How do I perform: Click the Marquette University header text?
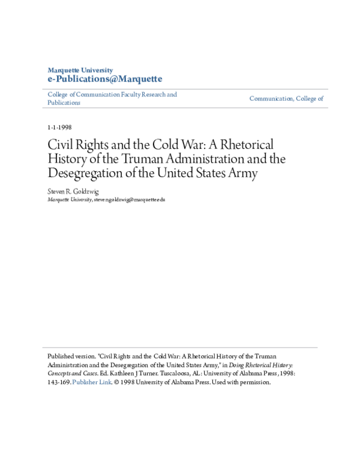pyautogui.click(x=80, y=70)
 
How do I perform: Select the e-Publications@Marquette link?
pyautogui.click(x=104, y=79)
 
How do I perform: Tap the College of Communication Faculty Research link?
pyautogui.click(x=112, y=95)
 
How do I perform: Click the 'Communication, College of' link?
pyautogui.click(x=286, y=98)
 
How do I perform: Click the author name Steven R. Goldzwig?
pyautogui.click(x=73, y=192)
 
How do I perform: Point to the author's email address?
pyautogui.click(x=130, y=199)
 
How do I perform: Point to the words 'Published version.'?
pyautogui.click(x=70, y=356)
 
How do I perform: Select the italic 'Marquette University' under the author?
pyautogui.click(x=70, y=199)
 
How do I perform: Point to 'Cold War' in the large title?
pyautogui.click(x=175, y=145)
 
